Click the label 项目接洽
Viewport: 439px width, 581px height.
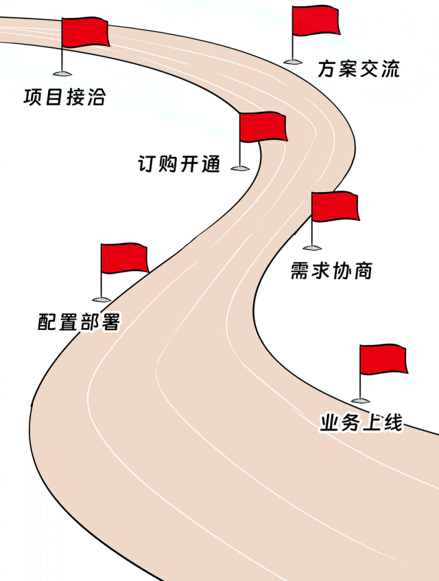pyautogui.click(x=64, y=97)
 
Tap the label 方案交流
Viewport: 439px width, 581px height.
pyautogui.click(x=358, y=69)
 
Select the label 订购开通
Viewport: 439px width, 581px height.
pyautogui.click(x=179, y=164)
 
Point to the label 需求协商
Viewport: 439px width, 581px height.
pyautogui.click(x=331, y=270)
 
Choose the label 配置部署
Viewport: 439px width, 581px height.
pyautogui.click(x=79, y=321)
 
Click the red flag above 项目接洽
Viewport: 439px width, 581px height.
pyautogui.click(x=85, y=32)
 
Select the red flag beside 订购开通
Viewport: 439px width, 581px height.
pyautogui.click(x=263, y=127)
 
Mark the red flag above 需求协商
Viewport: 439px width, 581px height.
pyautogui.click(x=335, y=206)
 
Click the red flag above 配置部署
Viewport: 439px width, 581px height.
pyautogui.click(x=124, y=258)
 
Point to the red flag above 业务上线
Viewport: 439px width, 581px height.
pyautogui.click(x=383, y=360)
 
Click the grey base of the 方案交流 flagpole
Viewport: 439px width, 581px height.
pyautogui.click(x=292, y=61)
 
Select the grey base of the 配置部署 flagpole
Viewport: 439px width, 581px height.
pyautogui.click(x=102, y=299)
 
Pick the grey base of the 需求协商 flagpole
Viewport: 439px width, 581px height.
pyautogui.click(x=312, y=247)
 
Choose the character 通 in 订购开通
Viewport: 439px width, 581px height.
pyautogui.click(x=210, y=164)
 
